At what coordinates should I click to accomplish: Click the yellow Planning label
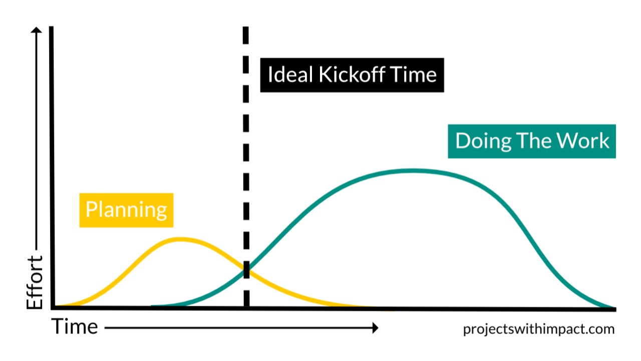126,210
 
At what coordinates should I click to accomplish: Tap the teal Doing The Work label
532,141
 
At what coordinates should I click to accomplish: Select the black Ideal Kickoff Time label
352,75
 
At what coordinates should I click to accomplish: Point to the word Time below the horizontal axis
76,327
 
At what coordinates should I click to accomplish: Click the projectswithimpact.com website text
538,329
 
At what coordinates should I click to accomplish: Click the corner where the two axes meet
52,307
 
